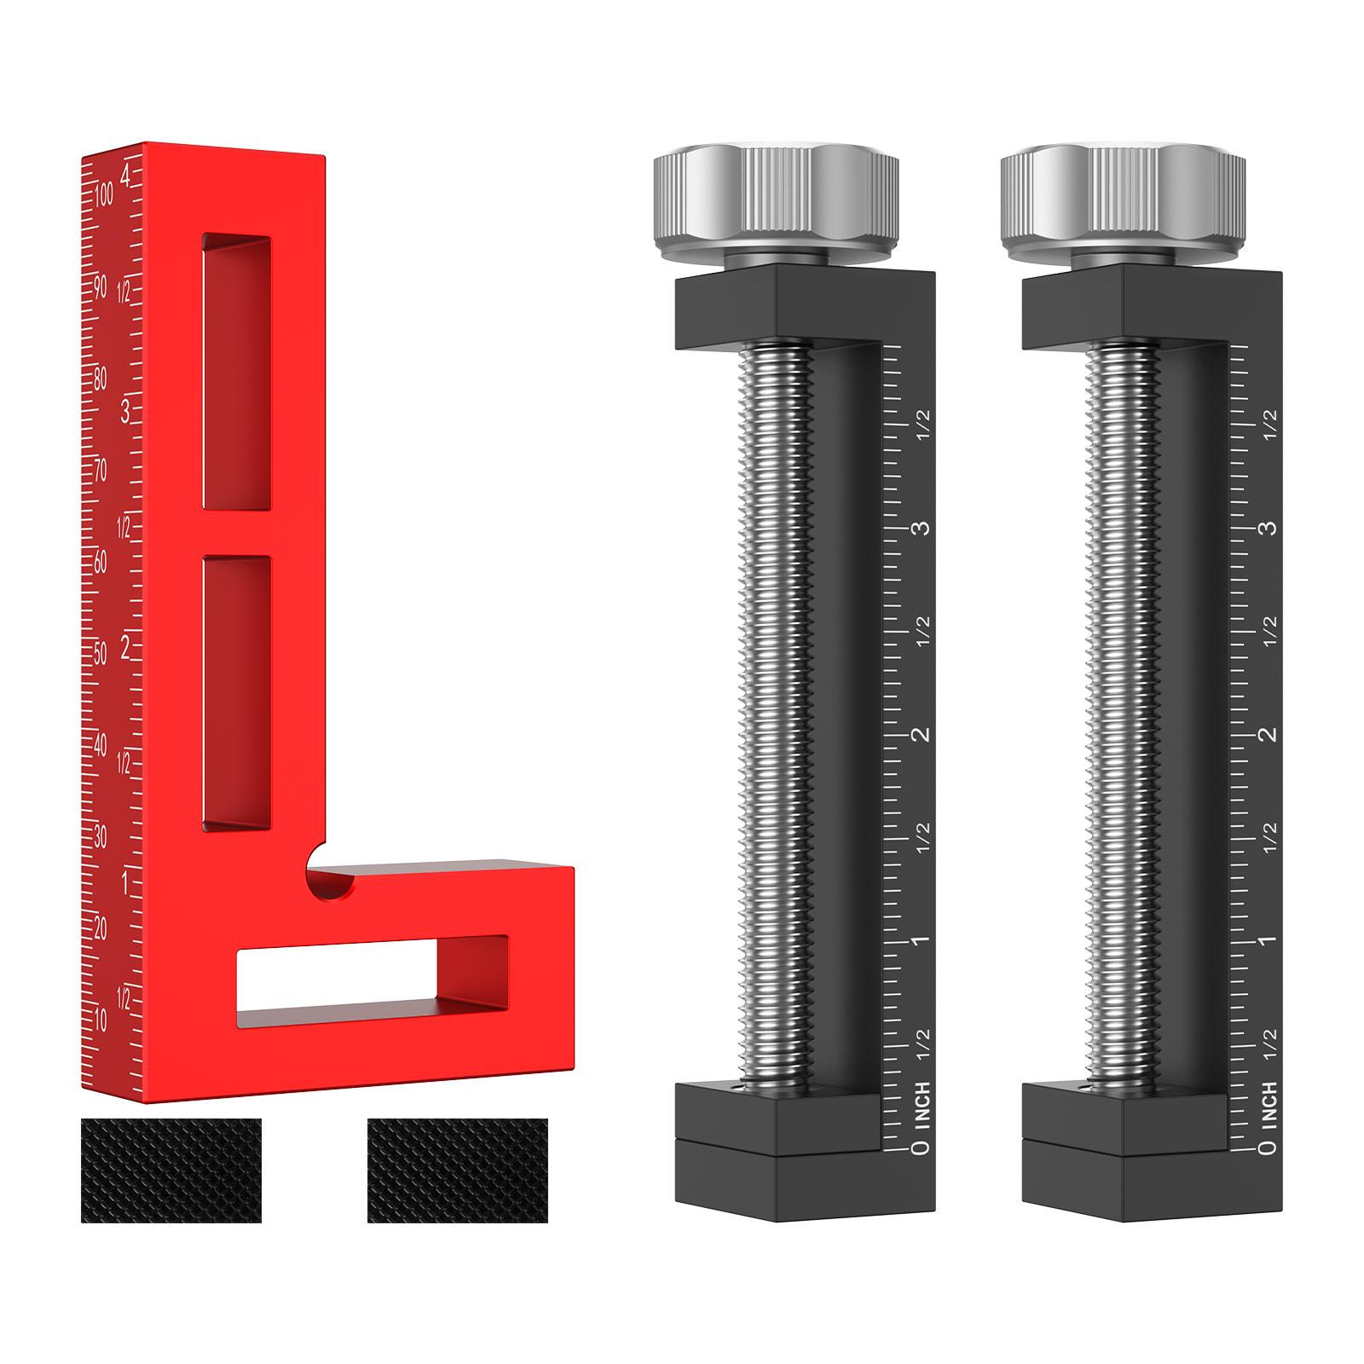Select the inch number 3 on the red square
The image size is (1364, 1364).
(126, 413)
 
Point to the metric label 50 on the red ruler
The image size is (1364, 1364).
(101, 654)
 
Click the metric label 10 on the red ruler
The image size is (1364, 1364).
(101, 1020)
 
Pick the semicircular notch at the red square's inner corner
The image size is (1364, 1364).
(330, 883)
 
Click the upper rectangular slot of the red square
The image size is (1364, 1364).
(237, 372)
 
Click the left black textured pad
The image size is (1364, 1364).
(171, 1170)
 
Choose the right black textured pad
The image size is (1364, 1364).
(458, 1170)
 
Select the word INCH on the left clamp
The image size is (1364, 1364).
(921, 1105)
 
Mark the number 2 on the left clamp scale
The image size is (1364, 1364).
(921, 734)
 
